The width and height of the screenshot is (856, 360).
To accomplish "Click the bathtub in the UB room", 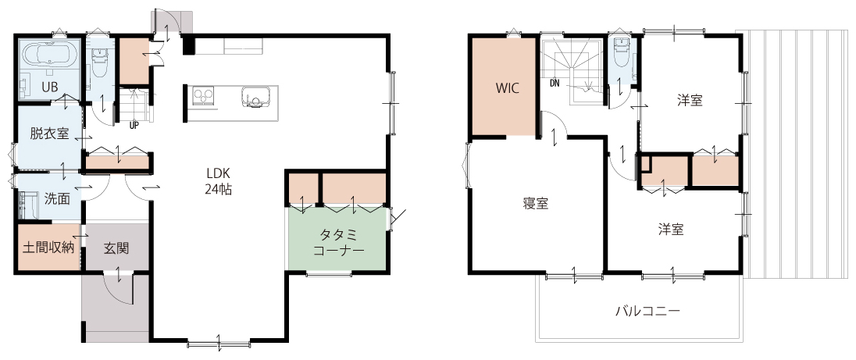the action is tap(48, 55).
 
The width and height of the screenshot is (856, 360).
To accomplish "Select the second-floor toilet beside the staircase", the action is tap(622, 51).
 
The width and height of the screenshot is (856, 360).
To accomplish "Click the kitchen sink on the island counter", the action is tap(255, 97).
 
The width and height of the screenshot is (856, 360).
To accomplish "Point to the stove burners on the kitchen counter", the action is tap(204, 96).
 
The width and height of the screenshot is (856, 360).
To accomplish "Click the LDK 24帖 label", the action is tap(219, 181).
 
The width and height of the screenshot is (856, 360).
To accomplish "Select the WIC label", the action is tap(507, 87).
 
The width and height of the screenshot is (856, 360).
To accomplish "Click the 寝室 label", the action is tap(536, 204).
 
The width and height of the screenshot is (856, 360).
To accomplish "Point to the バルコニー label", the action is tap(648, 312).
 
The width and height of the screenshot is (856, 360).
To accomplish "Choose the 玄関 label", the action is tap(116, 248).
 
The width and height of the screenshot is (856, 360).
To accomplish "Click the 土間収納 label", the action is tap(48, 248).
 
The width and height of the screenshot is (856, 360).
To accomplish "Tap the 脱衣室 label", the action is tap(50, 133).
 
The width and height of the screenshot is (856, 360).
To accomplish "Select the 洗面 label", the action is tap(57, 199).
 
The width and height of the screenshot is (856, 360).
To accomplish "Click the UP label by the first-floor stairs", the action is tap(134, 126).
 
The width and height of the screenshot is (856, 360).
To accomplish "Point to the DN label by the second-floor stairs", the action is tap(555, 84).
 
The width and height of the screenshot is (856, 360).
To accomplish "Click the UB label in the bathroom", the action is tap(50, 87).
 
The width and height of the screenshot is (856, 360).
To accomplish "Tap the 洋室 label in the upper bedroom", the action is tap(690, 101).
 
